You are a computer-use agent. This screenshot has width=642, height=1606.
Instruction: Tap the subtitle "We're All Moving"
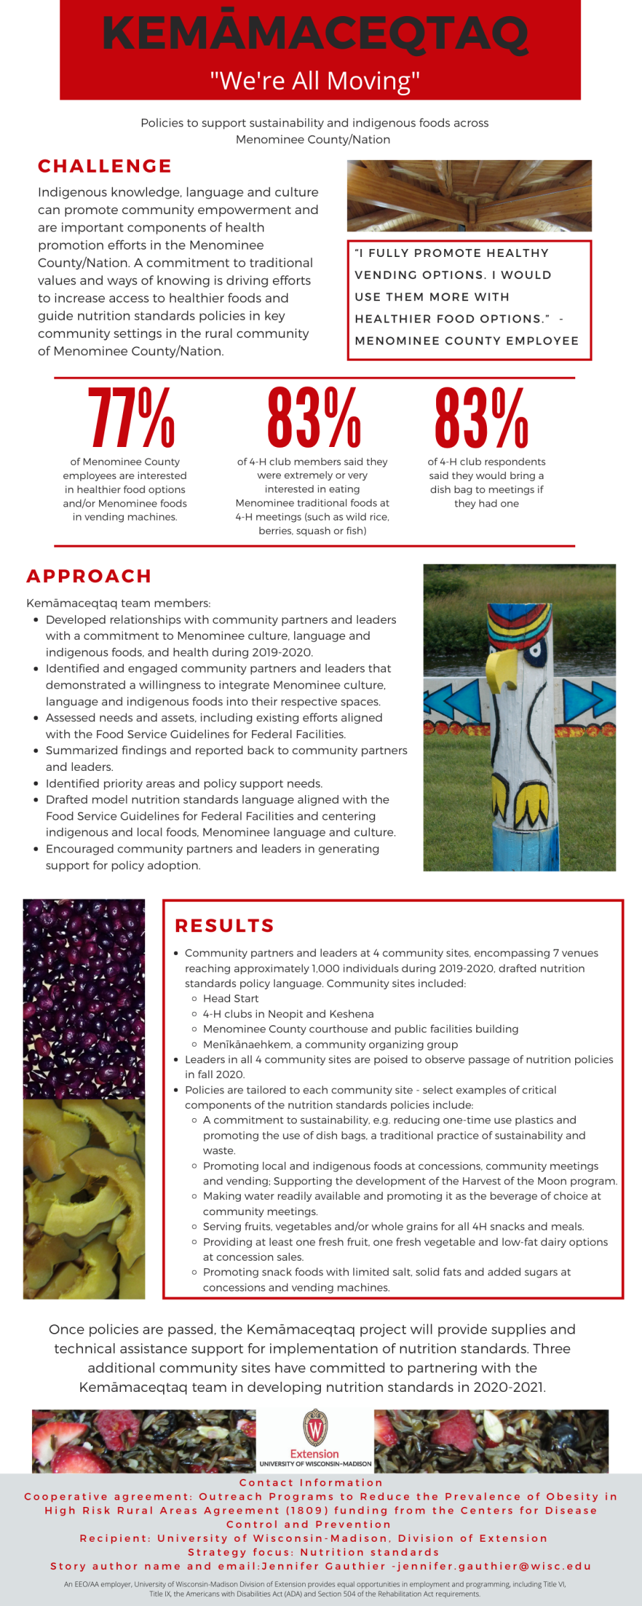pos(315,81)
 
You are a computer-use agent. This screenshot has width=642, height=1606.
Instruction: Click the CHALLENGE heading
pos(105,166)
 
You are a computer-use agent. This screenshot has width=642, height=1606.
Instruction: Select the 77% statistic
pos(131,418)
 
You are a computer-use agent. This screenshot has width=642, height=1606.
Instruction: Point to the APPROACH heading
pos(89,576)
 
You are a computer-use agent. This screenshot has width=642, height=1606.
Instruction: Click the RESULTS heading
pos(224,925)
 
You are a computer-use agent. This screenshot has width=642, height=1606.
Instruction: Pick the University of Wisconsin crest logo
pos(315,1428)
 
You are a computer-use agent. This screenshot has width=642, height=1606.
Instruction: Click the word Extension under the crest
pos(314,1453)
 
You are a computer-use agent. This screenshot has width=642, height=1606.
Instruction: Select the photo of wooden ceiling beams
pos(469,195)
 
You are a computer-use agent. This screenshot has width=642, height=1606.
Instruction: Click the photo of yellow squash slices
pos(84,1198)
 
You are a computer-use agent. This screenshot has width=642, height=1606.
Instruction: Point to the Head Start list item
pos(231,998)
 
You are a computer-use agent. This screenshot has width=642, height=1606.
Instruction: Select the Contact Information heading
pos(311,1483)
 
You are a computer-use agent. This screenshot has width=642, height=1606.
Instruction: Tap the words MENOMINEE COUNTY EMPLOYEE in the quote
pos(467,341)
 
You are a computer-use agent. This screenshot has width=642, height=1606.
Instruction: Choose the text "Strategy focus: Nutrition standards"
pos(314,1552)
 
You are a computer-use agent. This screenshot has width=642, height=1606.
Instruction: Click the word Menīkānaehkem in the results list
pos(247,1044)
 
